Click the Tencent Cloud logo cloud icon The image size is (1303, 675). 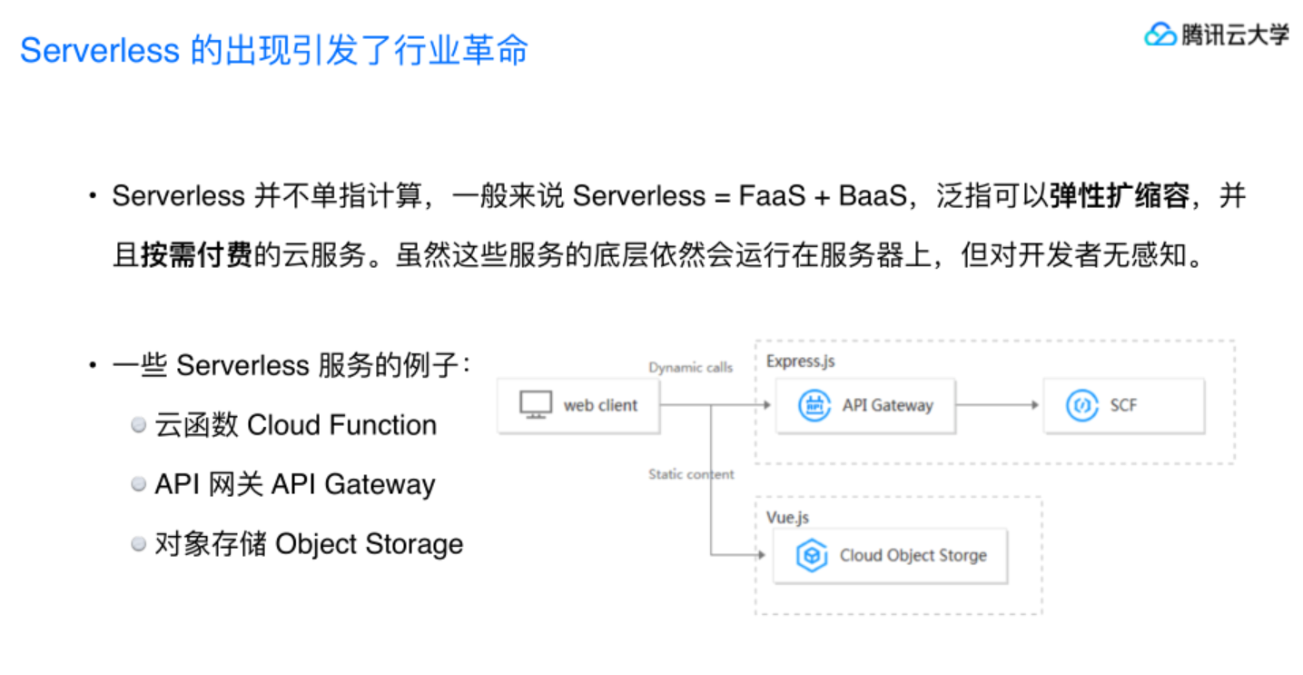pyautogui.click(x=1160, y=35)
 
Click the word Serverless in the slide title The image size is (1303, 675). pyautogui.click(x=100, y=51)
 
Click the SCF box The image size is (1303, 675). pyautogui.click(x=1123, y=405)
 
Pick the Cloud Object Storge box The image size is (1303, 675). pyautogui.click(x=890, y=555)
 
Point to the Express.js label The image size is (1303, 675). pyautogui.click(x=800, y=361)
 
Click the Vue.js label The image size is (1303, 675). pyautogui.click(x=787, y=517)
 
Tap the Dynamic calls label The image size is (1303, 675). pyautogui.click(x=690, y=368)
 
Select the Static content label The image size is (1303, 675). pyautogui.click(x=691, y=474)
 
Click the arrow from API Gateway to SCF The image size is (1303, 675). pyautogui.click(x=997, y=405)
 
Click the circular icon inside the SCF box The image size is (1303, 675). pyautogui.click(x=1081, y=405)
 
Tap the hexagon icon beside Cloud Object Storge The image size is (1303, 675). pyautogui.click(x=811, y=556)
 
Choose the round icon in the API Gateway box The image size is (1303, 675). pyautogui.click(x=814, y=405)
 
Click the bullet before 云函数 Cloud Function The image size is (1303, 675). pyautogui.click(x=138, y=425)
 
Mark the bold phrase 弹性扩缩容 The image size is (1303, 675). pyautogui.click(x=1119, y=196)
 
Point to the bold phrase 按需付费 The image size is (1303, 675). pyautogui.click(x=196, y=256)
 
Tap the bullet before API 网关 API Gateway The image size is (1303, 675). pyautogui.click(x=138, y=485)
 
